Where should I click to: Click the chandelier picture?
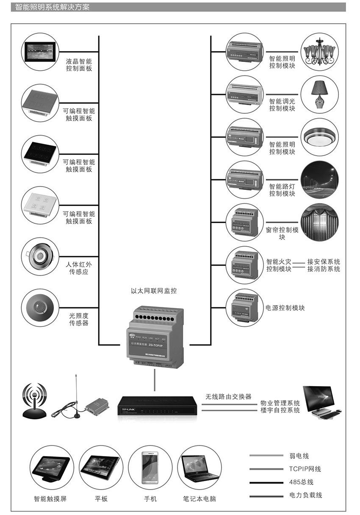(320, 52)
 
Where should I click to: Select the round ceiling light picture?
(320, 137)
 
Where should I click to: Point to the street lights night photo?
(320, 180)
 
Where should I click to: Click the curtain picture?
(320, 223)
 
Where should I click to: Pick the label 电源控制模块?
(285, 308)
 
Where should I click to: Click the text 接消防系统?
(324, 269)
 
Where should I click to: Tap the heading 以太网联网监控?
(154, 291)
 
